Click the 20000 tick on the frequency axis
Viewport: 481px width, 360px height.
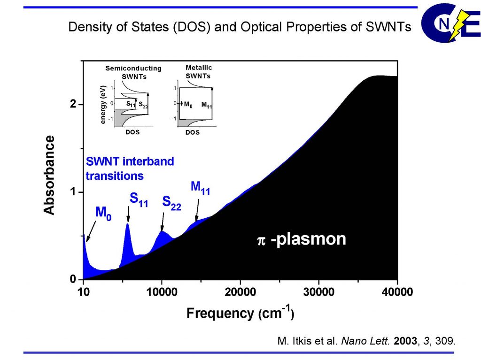point(240,292)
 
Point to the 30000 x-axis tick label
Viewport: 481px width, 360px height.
point(319,292)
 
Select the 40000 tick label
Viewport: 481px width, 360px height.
point(397,292)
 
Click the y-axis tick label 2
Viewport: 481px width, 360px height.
point(73,104)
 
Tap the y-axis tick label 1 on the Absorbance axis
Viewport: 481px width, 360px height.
point(73,192)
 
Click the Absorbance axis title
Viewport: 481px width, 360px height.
point(49,175)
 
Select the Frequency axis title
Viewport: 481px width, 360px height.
point(240,313)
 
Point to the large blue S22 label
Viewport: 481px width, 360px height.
point(171,203)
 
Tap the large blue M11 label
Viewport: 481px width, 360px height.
point(200,188)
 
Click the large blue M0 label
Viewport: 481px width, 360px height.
point(104,213)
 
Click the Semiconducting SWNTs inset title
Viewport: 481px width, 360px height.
point(133,72)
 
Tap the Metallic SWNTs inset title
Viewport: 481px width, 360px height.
point(198,72)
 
